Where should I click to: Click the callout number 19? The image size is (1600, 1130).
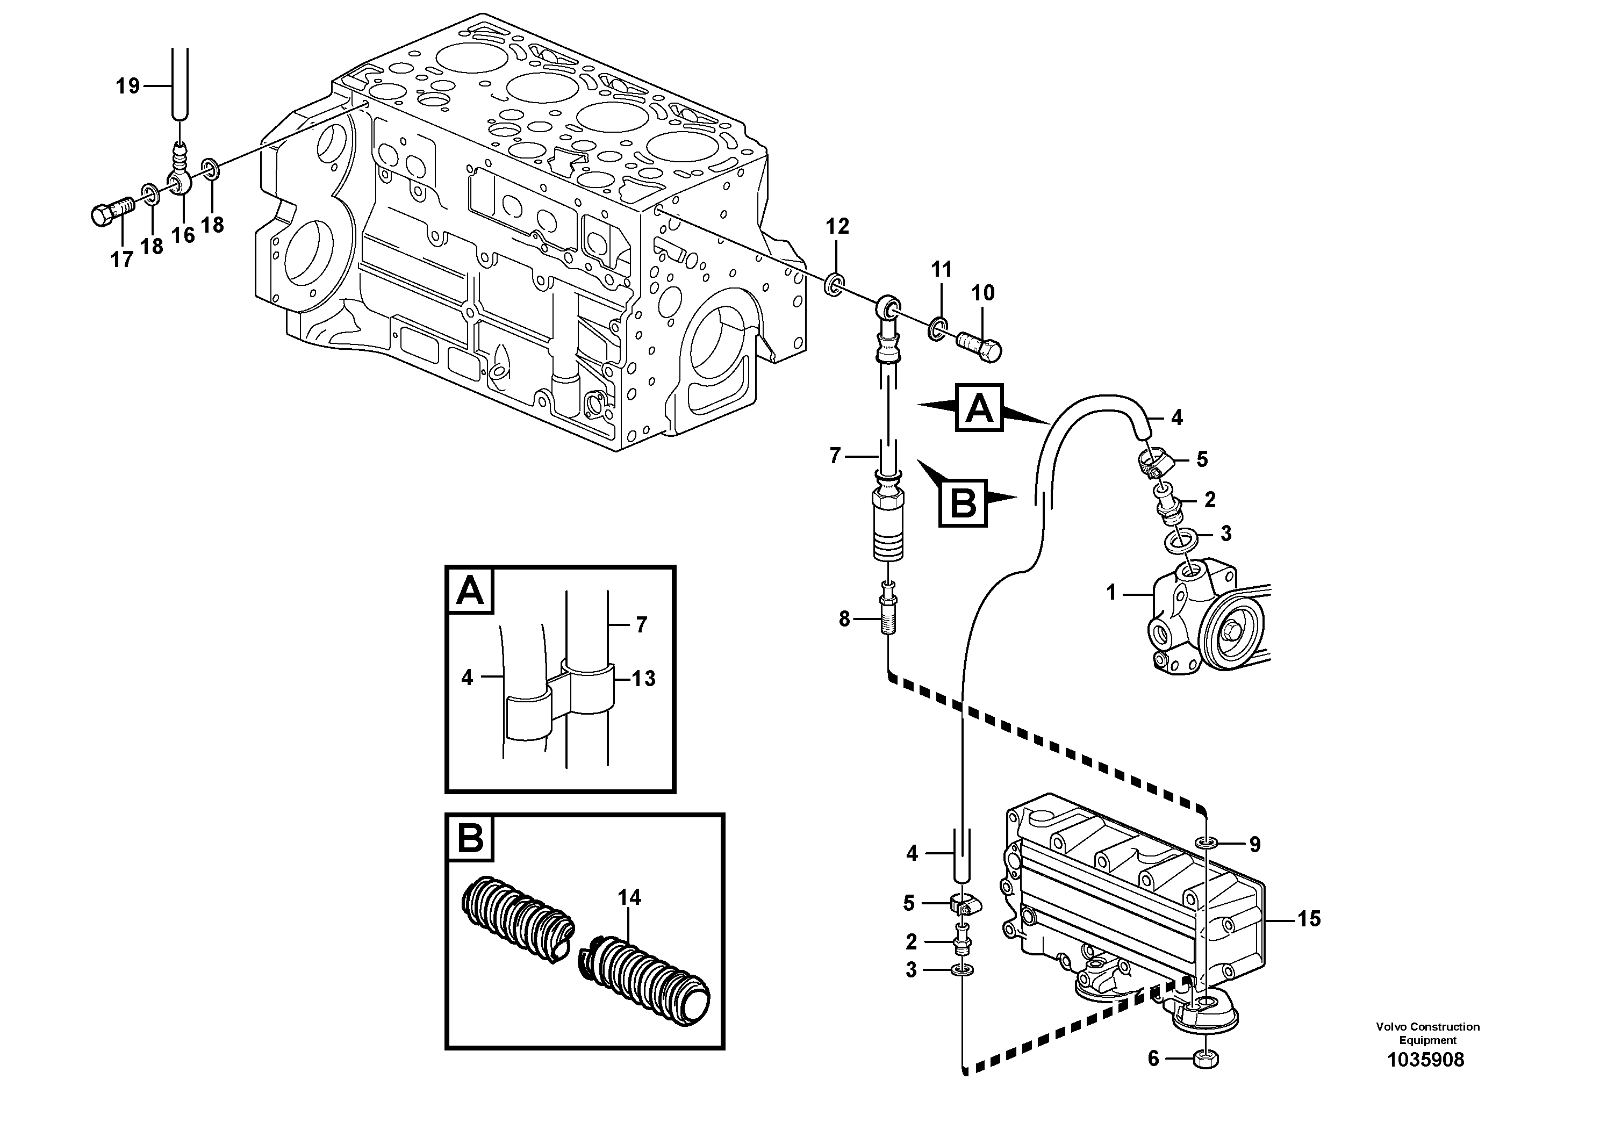pos(127,87)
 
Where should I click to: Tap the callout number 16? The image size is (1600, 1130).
pos(183,235)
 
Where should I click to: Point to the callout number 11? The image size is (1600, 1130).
pos(942,269)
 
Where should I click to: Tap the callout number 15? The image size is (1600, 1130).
pos(1309,919)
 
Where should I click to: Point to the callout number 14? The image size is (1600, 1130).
pos(629,897)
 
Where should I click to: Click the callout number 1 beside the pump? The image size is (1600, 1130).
pos(1111,593)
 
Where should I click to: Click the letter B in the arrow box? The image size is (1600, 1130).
pos(963,502)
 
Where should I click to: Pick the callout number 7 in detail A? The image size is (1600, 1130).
pos(641,624)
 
